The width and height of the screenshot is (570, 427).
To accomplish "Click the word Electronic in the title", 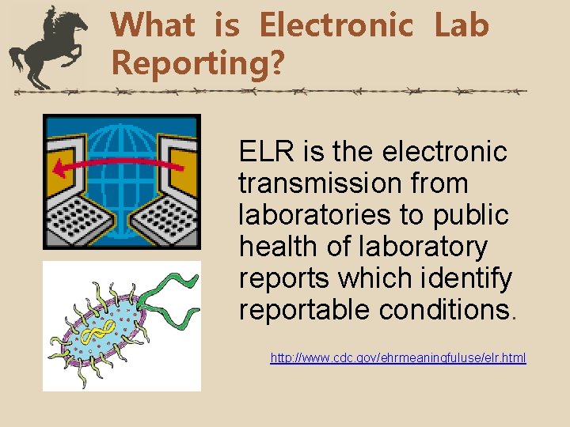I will point(336,25).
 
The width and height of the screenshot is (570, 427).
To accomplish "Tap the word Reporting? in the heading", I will point(197,61).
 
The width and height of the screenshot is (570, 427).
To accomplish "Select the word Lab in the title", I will point(462,25).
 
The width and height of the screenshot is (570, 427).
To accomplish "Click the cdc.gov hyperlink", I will point(398,358).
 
